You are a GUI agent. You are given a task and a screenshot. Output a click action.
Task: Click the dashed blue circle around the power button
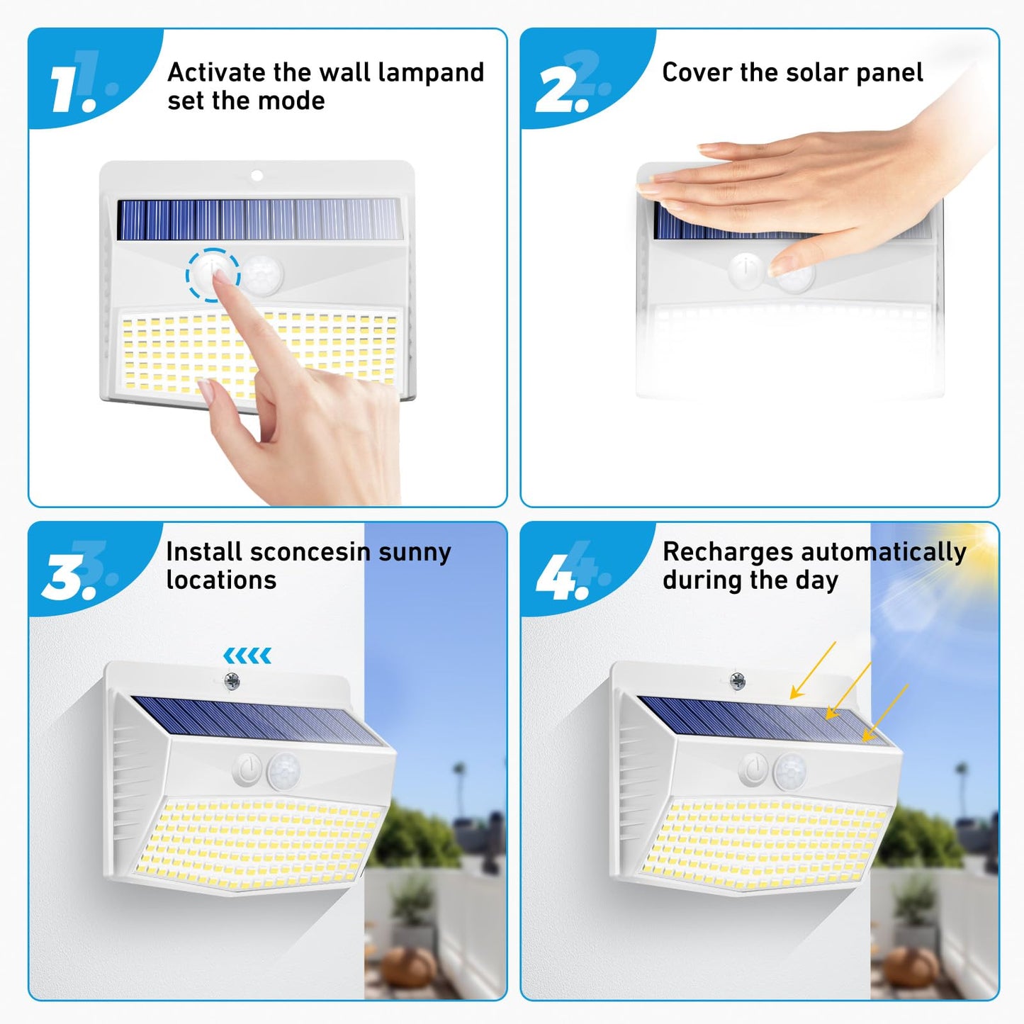[213, 274]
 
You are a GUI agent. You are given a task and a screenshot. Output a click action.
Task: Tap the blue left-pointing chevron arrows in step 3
[247, 656]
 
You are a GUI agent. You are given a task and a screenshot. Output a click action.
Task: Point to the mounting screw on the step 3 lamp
[232, 682]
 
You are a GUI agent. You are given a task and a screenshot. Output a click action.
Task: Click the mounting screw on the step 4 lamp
[738, 682]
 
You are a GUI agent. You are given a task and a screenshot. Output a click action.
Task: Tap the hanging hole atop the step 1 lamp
[257, 175]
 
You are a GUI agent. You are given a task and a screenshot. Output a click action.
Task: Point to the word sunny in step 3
[415, 552]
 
